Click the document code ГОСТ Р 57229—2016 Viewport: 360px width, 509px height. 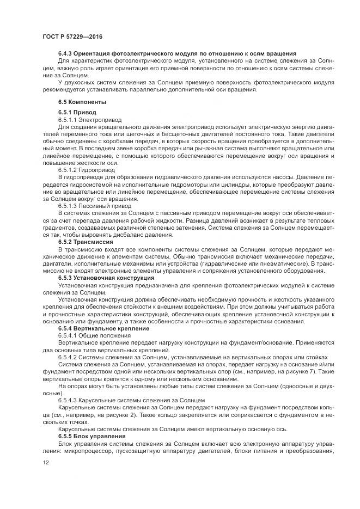[72, 36]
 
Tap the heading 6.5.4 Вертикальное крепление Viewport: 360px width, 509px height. [102, 328]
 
